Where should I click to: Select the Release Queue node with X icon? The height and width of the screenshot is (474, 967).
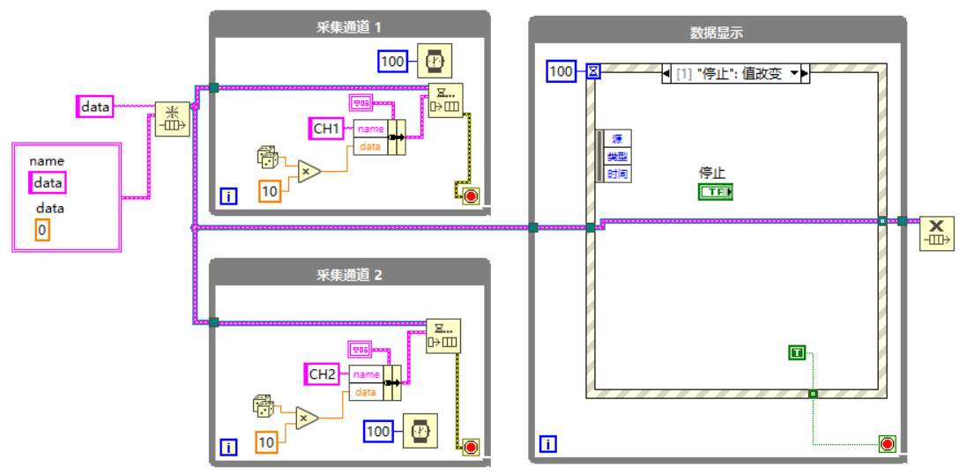936,234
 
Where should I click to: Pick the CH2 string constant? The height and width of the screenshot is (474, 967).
323,374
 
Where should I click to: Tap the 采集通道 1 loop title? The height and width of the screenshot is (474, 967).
349,26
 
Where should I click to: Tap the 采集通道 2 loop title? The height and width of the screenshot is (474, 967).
349,274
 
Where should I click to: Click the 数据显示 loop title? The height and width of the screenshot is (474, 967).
716,33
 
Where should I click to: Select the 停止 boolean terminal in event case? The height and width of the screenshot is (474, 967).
716,191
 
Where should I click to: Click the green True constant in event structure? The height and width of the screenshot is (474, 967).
797,352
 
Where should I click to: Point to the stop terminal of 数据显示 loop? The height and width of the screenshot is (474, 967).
887,443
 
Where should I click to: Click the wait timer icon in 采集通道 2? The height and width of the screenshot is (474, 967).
420,431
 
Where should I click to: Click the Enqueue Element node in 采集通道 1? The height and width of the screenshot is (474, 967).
444,100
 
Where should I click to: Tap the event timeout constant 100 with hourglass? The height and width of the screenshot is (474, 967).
561,70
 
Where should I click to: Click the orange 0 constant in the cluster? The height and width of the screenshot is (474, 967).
42,231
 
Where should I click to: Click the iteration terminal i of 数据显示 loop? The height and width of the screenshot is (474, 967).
547,445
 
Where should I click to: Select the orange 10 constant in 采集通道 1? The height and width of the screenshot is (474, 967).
269,189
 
